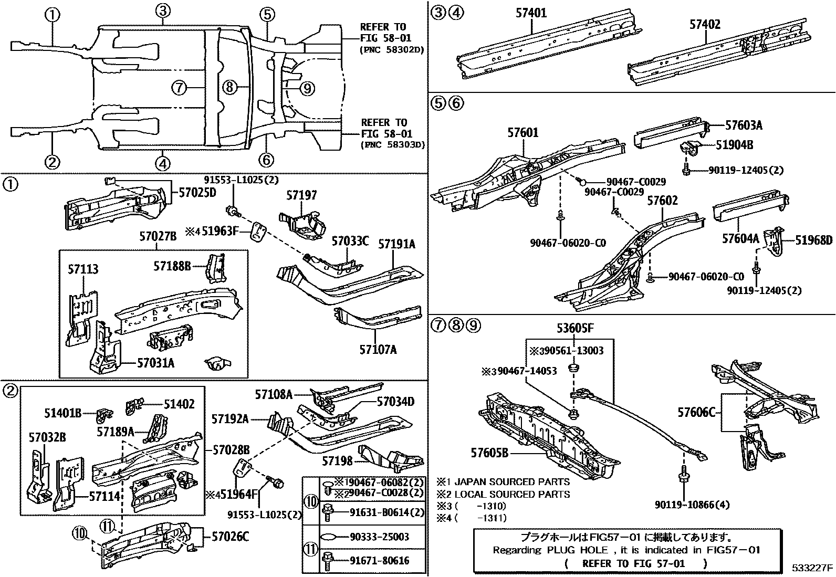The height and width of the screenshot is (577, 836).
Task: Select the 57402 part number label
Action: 705,24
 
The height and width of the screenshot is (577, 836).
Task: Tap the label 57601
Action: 522,133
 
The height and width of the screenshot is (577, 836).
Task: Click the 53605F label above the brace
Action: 575,329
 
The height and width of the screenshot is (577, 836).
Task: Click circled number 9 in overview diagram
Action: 307,88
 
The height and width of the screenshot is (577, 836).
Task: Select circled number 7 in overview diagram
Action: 179,88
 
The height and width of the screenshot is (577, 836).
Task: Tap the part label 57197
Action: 301,196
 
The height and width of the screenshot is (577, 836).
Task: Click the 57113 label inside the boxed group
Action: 83,270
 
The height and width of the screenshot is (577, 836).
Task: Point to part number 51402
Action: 179,404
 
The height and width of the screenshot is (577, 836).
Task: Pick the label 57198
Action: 337,461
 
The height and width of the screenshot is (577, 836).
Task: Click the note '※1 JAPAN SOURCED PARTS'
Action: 503,481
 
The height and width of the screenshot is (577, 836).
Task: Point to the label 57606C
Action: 696,412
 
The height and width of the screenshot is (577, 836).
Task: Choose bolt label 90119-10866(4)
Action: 692,505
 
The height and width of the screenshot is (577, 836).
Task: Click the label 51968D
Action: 813,240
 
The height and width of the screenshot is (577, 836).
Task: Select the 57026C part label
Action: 230,537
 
